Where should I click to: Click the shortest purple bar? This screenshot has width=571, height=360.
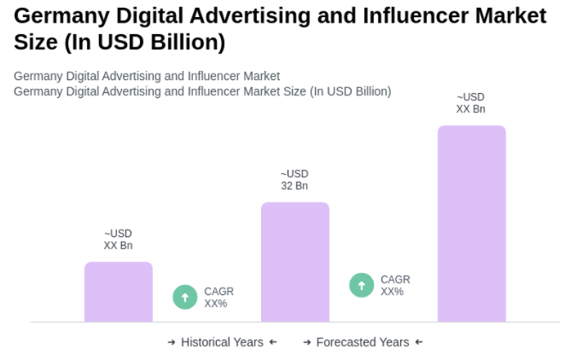click(118, 292)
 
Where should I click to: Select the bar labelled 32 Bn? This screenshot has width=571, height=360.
click(294, 262)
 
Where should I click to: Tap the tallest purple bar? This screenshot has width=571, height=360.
click(471, 224)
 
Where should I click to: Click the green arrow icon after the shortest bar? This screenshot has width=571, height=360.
click(185, 297)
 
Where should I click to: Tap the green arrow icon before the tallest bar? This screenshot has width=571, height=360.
click(362, 285)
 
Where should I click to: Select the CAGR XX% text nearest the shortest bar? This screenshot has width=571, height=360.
click(218, 297)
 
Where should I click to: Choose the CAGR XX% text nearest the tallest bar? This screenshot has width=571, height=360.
click(395, 285)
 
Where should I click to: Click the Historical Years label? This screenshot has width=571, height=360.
click(222, 342)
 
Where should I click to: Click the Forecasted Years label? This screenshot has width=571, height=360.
click(363, 342)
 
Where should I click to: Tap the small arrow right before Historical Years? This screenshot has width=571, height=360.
click(172, 342)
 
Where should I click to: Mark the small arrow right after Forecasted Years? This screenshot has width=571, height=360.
click(418, 342)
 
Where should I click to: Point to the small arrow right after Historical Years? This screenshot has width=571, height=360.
click(273, 342)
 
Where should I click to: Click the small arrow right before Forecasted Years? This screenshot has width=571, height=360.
click(307, 342)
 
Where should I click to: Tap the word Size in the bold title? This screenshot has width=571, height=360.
click(37, 42)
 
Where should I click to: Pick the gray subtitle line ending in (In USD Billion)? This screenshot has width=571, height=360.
click(202, 91)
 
